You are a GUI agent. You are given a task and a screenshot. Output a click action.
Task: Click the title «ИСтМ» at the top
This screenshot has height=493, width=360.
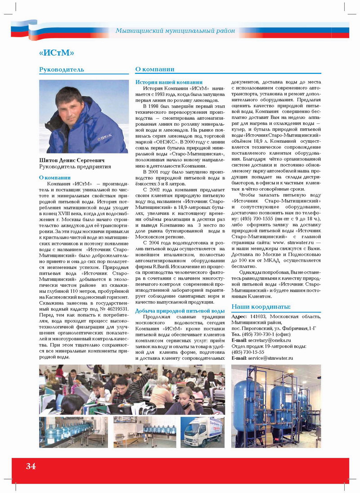click(56, 53)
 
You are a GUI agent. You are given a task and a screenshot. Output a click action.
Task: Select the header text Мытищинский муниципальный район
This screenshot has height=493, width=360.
click(175, 31)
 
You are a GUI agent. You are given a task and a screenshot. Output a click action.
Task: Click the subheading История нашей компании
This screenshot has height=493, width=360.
click(169, 82)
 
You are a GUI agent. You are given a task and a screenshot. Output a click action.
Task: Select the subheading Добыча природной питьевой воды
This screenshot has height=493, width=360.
click(180, 311)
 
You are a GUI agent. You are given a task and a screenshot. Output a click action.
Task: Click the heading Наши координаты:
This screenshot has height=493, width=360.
click(261, 307)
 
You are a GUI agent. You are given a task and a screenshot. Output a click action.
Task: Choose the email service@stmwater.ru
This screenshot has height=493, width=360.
click(271, 358)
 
